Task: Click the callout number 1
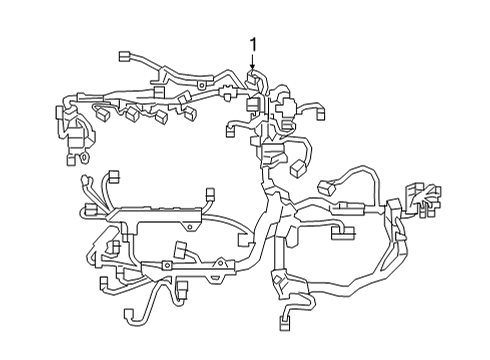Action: pyautogui.click(x=253, y=45)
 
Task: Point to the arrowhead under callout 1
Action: pyautogui.click(x=253, y=68)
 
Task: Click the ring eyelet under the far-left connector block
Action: pyautogui.click(x=85, y=158)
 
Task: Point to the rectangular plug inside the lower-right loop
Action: pyautogui.click(x=342, y=236)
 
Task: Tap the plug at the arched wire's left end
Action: pyautogui.click(x=328, y=188)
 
